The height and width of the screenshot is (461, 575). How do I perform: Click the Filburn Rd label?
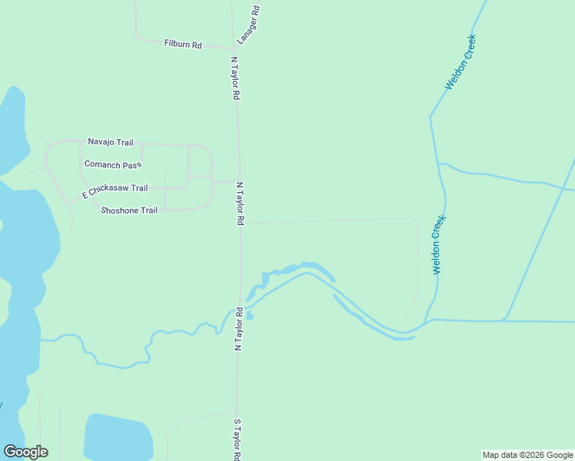point(182,45)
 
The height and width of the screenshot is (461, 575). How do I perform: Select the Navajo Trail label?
point(111,142)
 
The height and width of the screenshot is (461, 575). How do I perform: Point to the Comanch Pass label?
point(113,165)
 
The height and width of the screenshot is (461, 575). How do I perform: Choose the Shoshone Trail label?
point(129,210)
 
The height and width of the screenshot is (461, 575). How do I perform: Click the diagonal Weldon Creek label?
point(462,62)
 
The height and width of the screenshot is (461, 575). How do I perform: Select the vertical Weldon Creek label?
point(438,245)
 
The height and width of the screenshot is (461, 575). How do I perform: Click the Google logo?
point(25,452)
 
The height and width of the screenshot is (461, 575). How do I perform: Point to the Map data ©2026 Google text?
point(528,455)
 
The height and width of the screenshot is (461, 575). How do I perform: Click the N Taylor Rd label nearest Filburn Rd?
point(236,79)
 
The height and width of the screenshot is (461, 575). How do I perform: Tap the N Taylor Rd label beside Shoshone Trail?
point(240,204)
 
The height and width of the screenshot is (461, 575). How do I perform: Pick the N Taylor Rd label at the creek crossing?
point(239,330)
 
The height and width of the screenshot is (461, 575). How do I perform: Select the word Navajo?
point(101,142)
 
